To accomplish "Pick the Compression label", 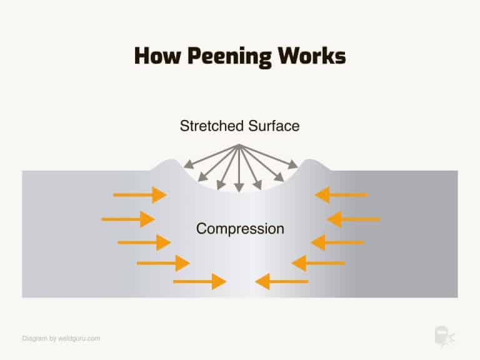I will (240, 229).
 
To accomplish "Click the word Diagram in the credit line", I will (34, 338).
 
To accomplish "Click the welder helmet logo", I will (443, 336).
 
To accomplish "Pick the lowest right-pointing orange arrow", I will (199, 281).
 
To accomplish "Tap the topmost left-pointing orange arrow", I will (341, 195).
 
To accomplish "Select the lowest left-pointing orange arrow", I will (282, 281).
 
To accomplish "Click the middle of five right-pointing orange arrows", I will (144, 241).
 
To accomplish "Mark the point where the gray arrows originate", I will (238, 146).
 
